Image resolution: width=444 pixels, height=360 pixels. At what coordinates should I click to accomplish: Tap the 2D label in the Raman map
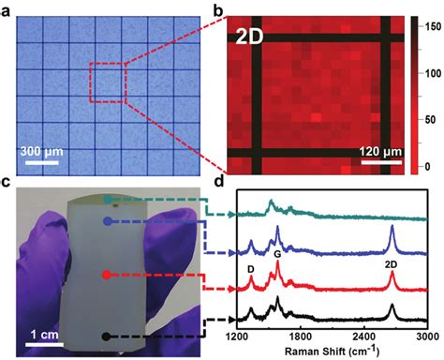(247, 37)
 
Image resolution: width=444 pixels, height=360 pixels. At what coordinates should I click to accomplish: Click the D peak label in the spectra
(250, 269)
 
